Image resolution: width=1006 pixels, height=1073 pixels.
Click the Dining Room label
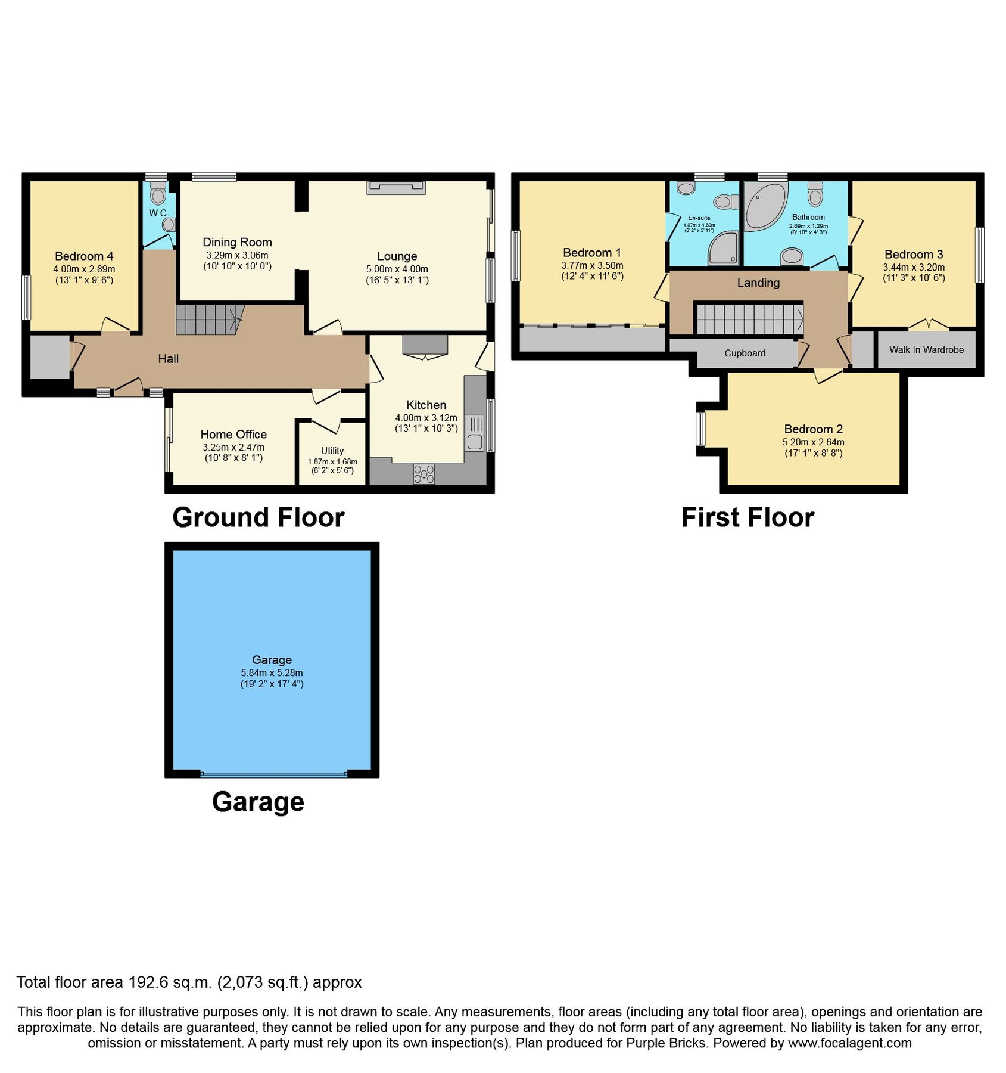[237, 242]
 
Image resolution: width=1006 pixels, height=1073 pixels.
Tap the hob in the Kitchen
[423, 474]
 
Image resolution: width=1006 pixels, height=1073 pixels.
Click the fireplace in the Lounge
[396, 187]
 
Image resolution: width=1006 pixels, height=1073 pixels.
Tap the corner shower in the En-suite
[723, 249]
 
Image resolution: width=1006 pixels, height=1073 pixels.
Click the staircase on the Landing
[748, 319]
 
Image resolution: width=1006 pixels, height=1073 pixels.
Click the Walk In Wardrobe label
[926, 350]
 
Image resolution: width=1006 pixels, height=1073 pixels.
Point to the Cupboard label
[745, 353]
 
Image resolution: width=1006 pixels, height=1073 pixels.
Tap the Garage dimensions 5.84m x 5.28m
[272, 672]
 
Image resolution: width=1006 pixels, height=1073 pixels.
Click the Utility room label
[332, 451]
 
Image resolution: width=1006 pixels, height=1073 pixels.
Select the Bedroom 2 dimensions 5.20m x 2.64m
[813, 442]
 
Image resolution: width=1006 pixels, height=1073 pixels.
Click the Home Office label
[233, 434]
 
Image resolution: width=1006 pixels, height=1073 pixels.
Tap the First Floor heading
[748, 517]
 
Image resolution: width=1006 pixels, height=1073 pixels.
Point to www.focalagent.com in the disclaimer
[849, 1043]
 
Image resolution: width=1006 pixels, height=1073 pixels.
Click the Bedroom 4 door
[116, 325]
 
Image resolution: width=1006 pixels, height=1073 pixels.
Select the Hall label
[169, 359]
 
